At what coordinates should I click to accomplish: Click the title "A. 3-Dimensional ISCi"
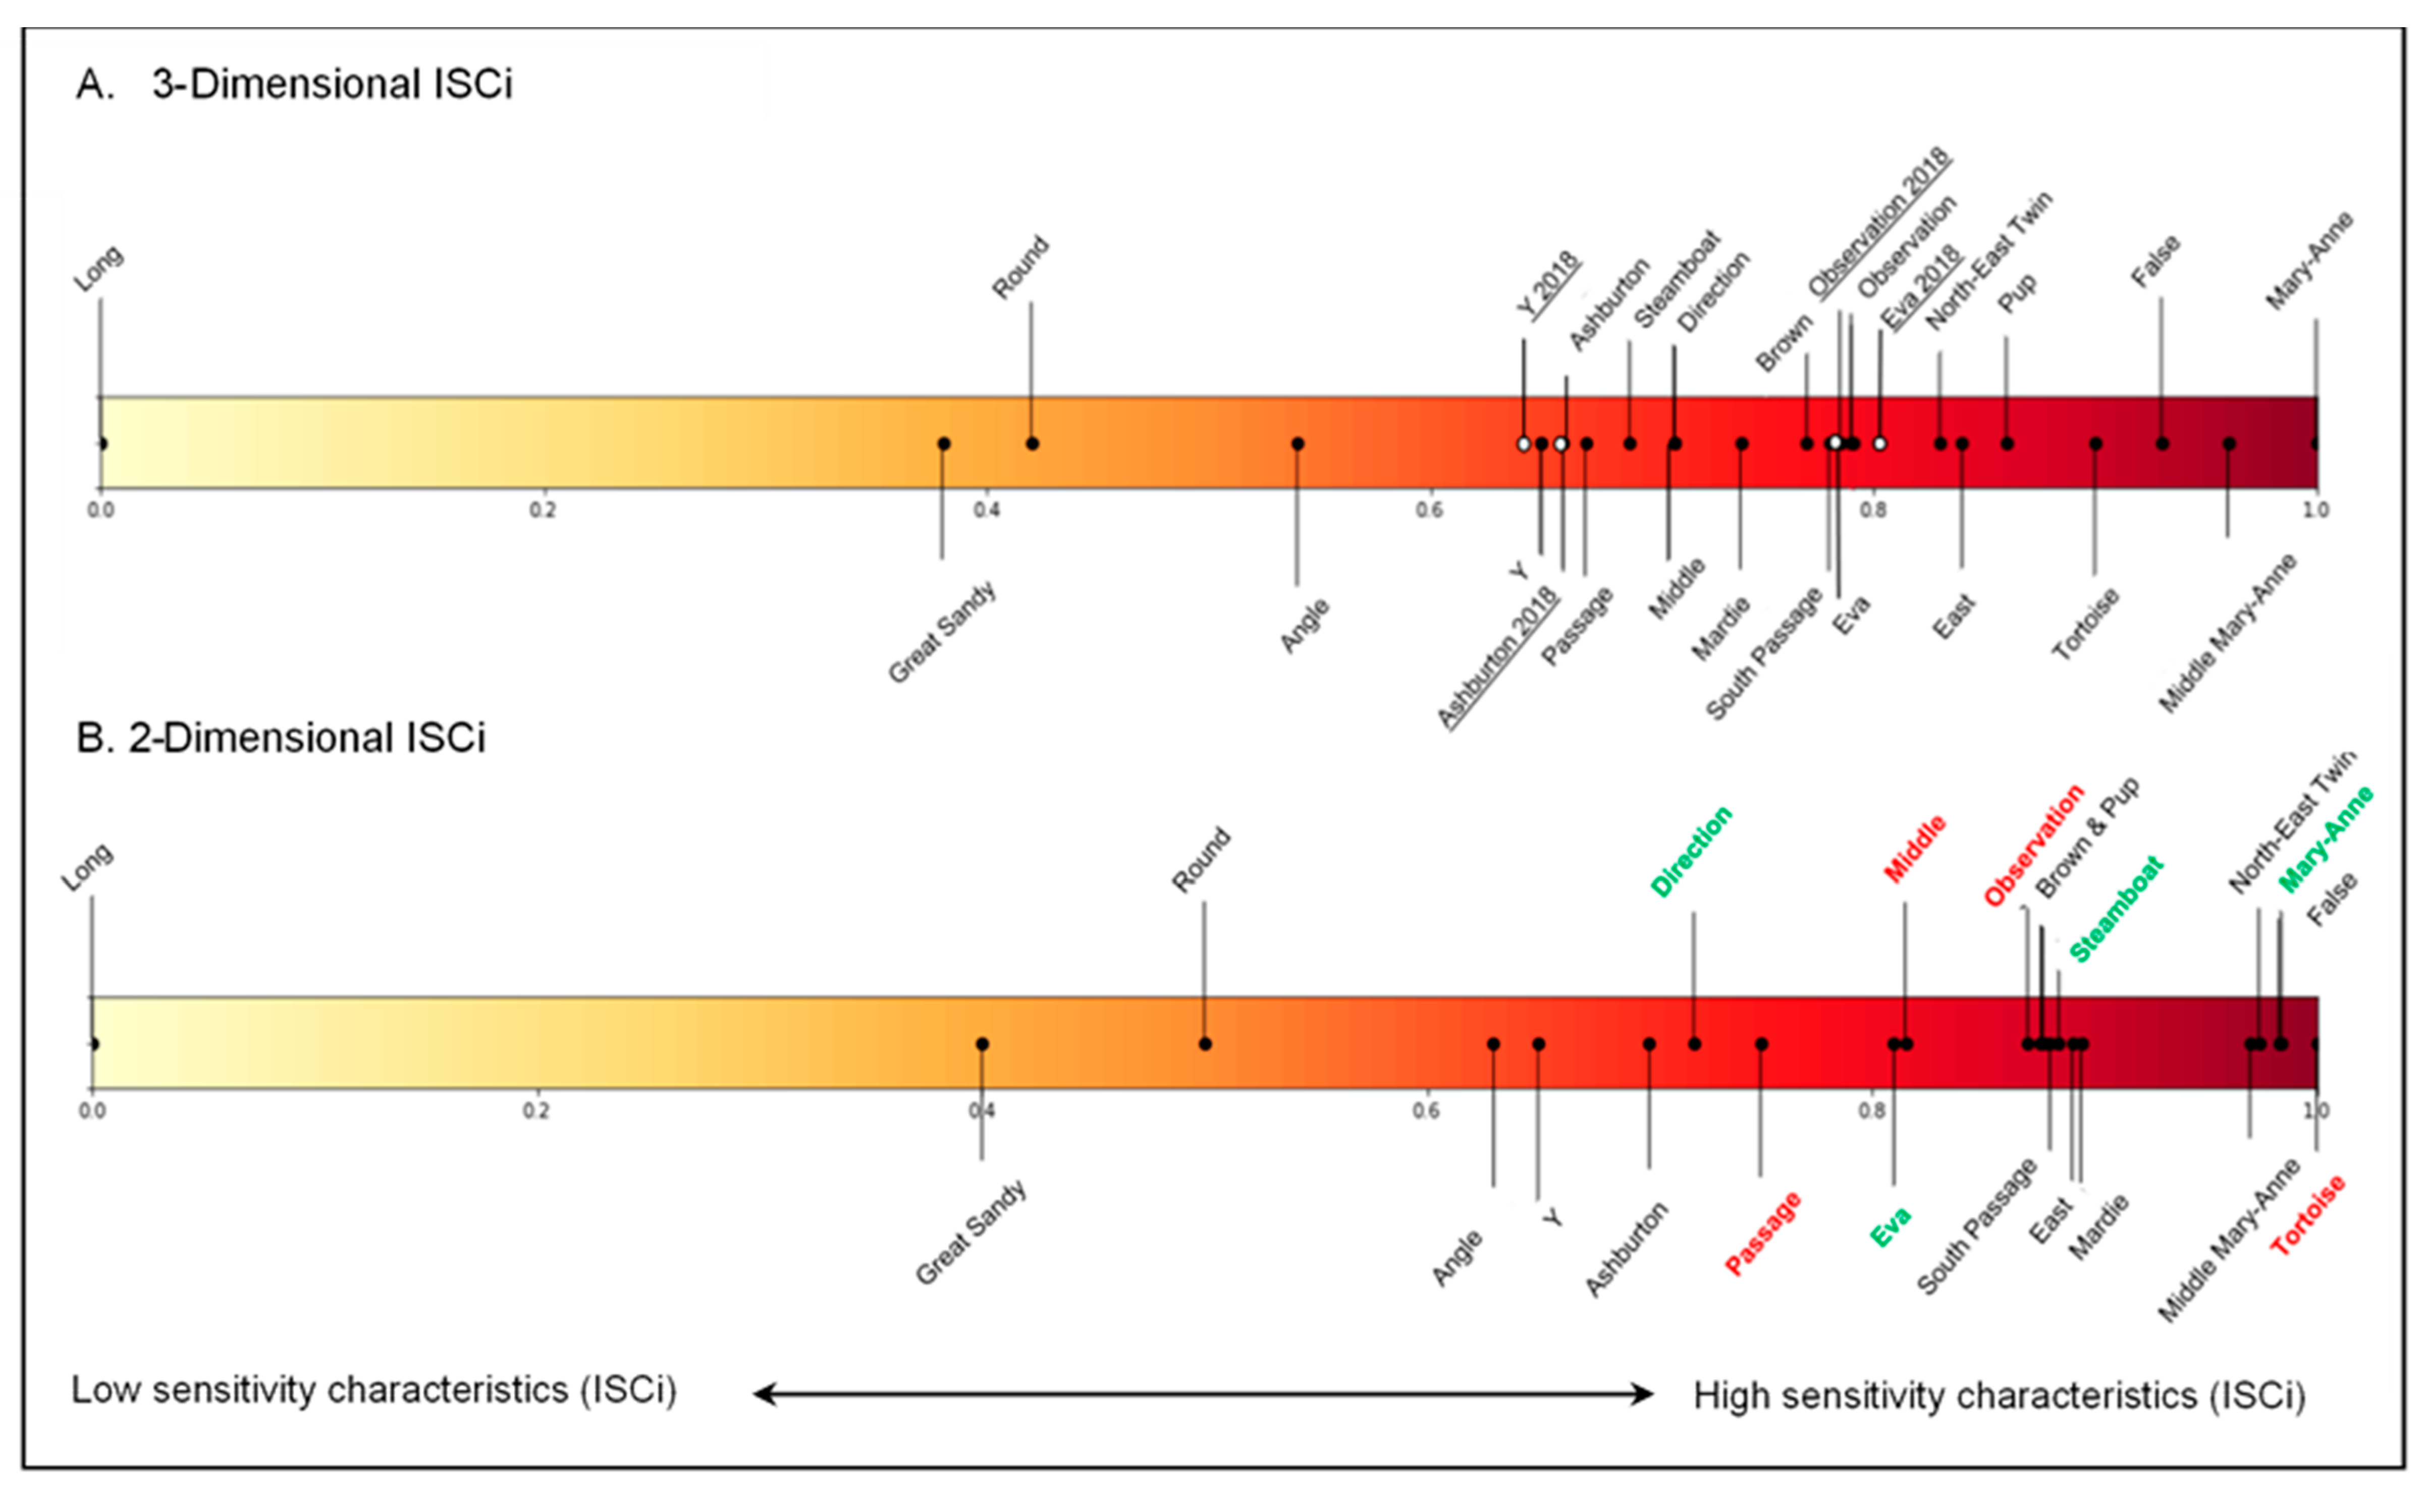click(294, 84)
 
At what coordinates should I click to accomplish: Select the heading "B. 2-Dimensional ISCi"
click(281, 738)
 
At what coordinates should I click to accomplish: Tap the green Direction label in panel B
click(1692, 851)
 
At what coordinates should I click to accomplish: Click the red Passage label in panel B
click(1763, 1233)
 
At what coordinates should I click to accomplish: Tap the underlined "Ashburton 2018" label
click(1498, 657)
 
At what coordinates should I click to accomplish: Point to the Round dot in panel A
click(1032, 443)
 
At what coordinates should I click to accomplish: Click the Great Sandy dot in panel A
click(944, 443)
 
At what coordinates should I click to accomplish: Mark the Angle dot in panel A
click(1297, 443)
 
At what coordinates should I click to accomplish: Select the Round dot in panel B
click(1205, 1044)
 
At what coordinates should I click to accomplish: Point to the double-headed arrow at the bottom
click(1203, 1394)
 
